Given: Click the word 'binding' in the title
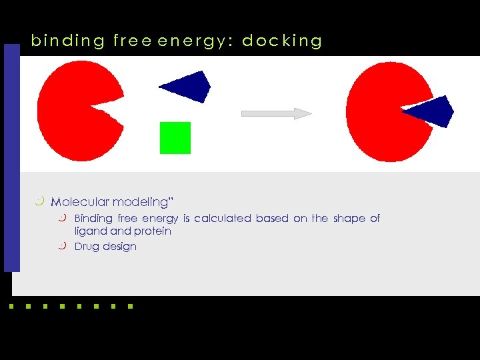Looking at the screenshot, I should pos(68,41).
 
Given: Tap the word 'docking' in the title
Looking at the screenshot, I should pos(282,41).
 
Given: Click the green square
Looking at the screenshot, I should pos(175,138).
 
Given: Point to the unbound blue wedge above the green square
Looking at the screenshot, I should pos(189,87).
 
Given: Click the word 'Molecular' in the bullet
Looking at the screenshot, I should pos(81,202).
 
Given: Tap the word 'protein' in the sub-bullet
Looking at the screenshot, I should pos(153,231).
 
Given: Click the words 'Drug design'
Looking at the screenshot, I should pos(105,247).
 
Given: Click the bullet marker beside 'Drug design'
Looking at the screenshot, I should pos(63,246).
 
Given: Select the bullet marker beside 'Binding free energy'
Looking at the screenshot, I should pos(63,218).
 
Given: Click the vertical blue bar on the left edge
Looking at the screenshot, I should pos(11,157).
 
